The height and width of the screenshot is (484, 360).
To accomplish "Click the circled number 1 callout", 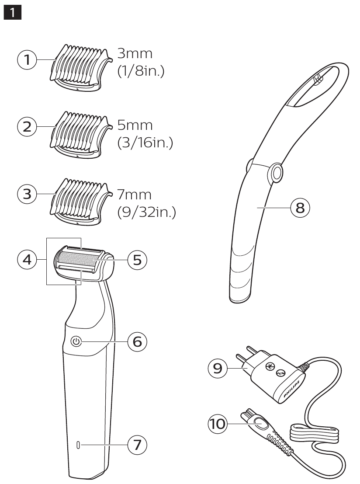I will click(x=27, y=60).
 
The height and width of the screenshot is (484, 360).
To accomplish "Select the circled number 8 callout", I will click(x=300, y=207).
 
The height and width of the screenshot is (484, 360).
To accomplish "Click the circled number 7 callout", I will click(x=137, y=445).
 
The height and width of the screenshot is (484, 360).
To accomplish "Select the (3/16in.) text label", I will click(x=145, y=144).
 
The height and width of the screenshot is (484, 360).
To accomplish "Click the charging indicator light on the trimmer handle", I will click(x=78, y=445).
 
